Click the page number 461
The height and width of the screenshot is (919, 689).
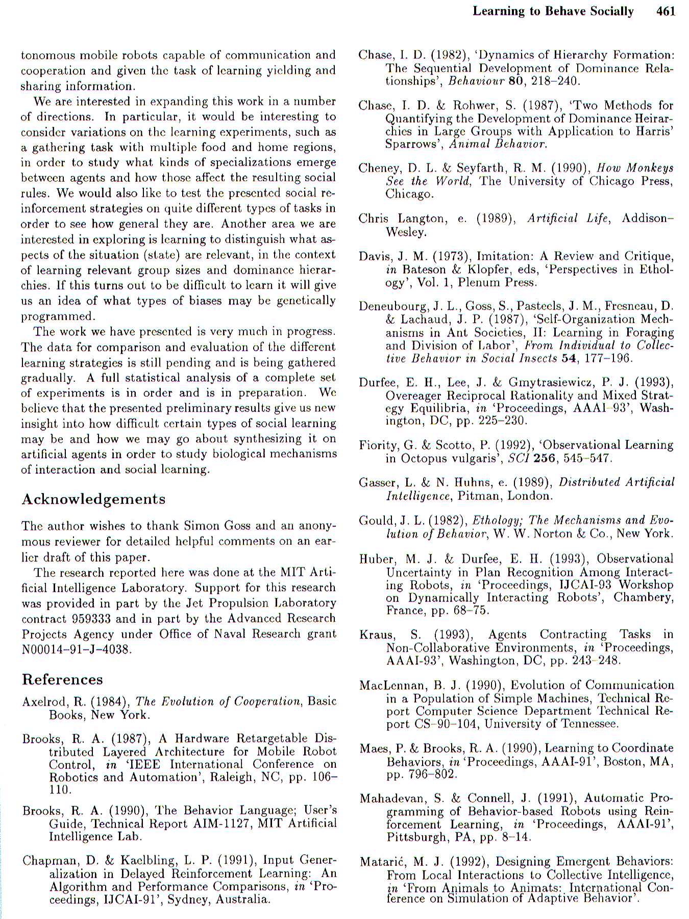666,11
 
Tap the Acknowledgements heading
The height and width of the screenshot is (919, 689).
93,499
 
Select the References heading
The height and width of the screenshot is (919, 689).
62,680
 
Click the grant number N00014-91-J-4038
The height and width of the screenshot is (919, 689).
77,649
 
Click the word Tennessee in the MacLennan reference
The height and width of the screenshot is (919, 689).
589,724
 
